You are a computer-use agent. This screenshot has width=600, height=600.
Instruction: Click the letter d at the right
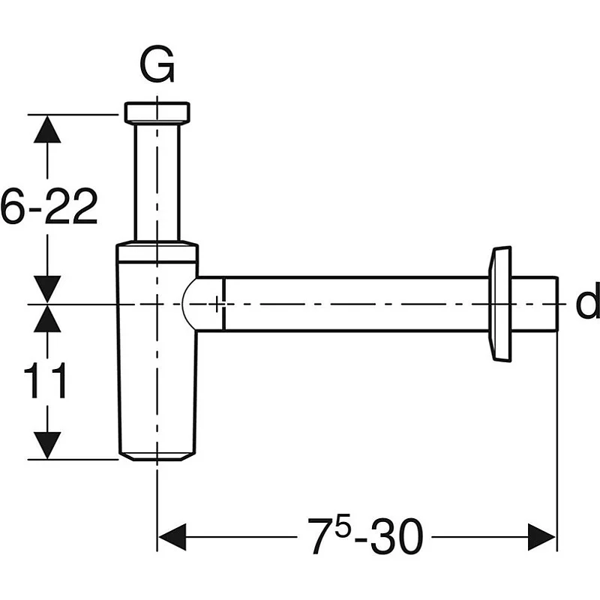point(587,303)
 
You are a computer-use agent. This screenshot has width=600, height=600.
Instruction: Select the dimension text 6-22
point(49,208)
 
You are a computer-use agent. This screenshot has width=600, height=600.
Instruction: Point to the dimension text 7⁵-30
point(367,537)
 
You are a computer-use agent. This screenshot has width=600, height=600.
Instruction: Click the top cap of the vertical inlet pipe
point(157,112)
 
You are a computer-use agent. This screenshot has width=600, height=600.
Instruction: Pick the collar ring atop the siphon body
point(157,251)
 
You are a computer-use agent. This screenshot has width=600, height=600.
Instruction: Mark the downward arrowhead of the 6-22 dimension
point(48,289)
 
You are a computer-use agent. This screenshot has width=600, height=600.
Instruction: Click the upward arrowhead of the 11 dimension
point(48,319)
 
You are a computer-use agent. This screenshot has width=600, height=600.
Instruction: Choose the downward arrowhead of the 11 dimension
point(48,445)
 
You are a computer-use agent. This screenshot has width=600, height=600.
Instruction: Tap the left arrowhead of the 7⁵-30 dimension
point(172,537)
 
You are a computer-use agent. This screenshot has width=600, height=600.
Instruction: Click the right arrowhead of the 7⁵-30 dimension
point(541,537)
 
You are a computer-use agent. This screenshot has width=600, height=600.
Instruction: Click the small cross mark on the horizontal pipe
point(217,304)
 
